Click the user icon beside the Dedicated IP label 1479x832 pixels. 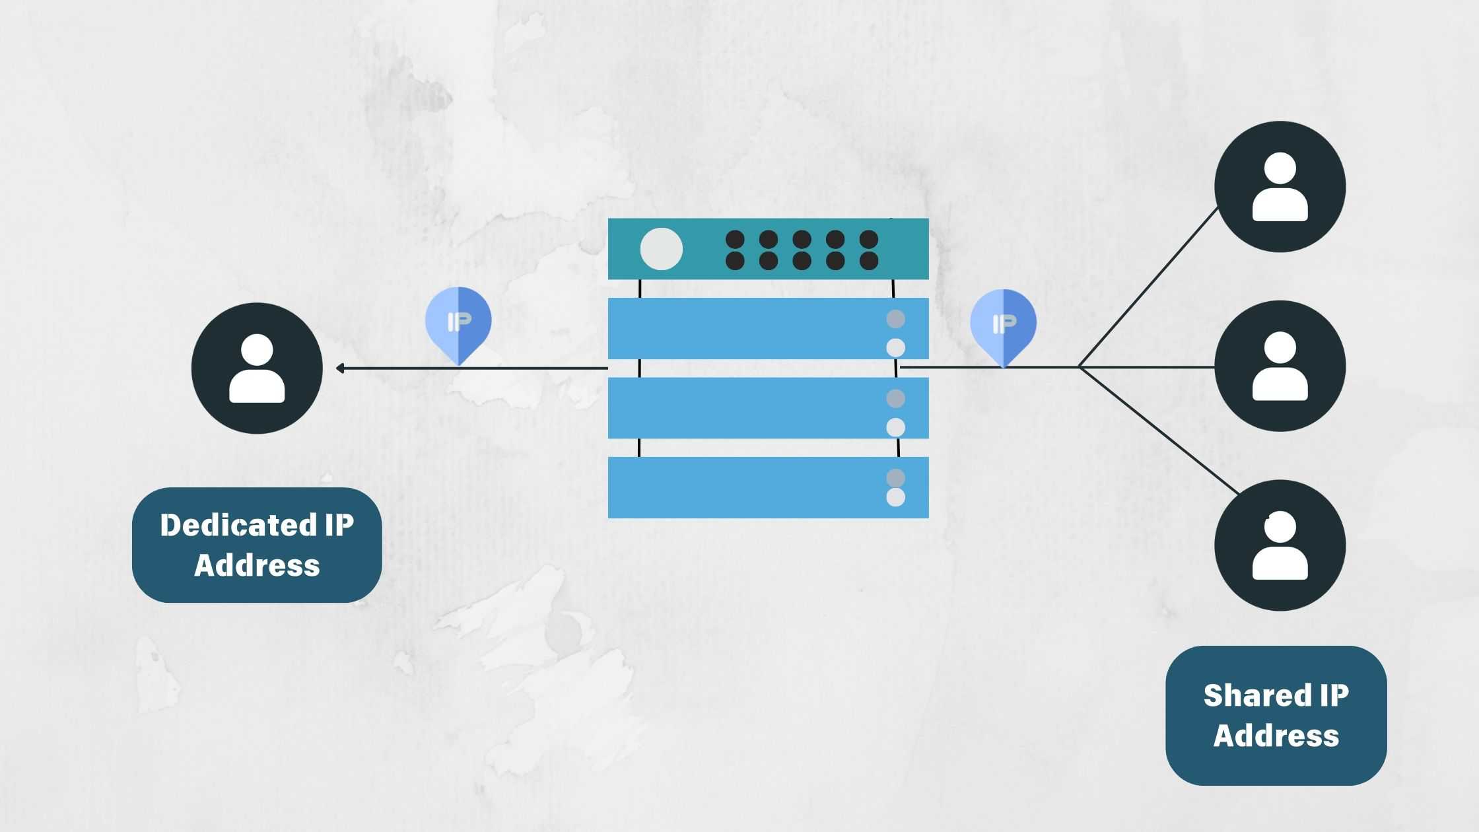[257, 368]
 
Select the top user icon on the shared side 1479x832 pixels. [1280, 186]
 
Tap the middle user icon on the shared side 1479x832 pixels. [1280, 366]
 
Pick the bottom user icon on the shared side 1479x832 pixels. [1280, 545]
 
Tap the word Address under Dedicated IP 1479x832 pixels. [257, 565]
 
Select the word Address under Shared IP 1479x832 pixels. [1276, 736]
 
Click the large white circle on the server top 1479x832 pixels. [661, 249]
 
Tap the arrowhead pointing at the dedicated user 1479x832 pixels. [339, 368]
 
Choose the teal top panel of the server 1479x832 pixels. [768, 249]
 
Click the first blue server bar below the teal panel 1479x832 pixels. [768, 328]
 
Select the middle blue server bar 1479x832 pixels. [768, 408]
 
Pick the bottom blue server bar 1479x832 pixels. [768, 487]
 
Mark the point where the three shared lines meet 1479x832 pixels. [1079, 366]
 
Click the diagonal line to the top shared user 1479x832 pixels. [1148, 287]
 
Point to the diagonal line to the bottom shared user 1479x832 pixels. [1159, 431]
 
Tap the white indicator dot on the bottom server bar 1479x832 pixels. [895, 497]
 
